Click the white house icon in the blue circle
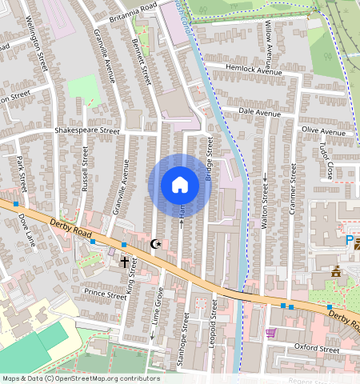click(x=180, y=185)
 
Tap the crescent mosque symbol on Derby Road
click(x=156, y=243)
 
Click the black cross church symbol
click(x=124, y=261)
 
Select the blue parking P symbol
click(x=350, y=240)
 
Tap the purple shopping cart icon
click(x=270, y=332)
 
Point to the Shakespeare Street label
click(x=86, y=130)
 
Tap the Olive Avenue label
click(x=323, y=130)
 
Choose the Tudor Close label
click(x=326, y=160)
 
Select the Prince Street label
click(x=106, y=293)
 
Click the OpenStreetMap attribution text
click(x=81, y=378)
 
